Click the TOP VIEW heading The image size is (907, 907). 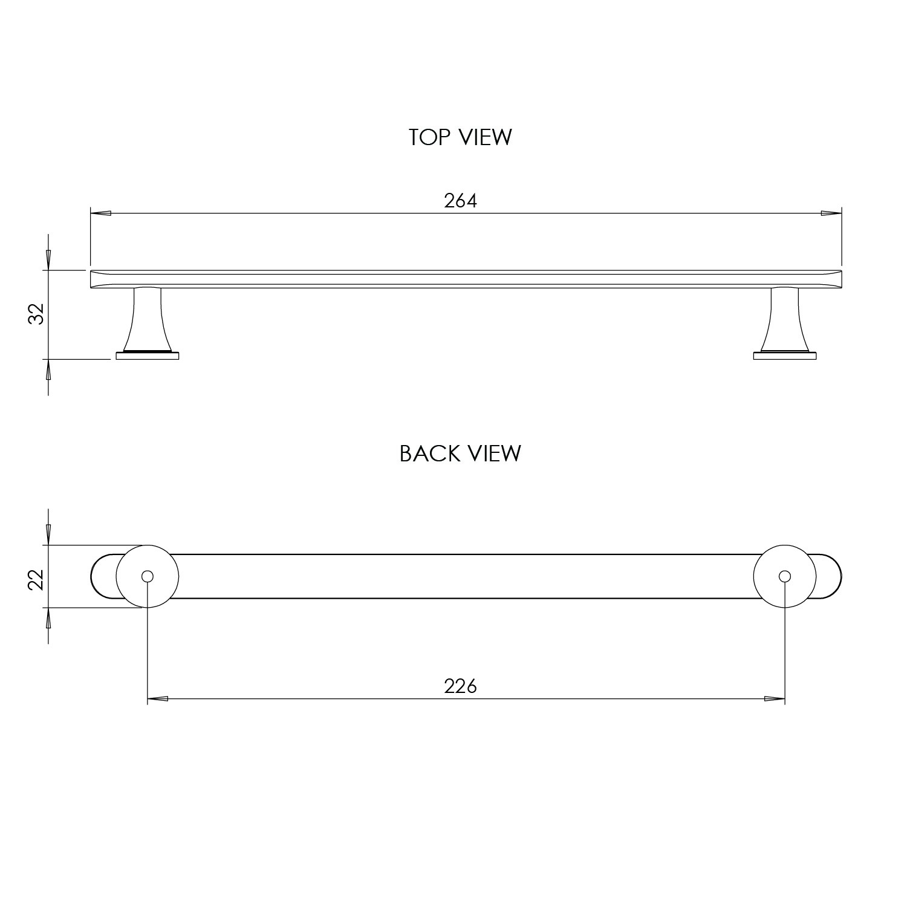point(460,137)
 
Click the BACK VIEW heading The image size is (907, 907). point(460,453)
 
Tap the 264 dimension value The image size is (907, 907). point(460,201)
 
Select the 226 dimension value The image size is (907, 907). point(460,686)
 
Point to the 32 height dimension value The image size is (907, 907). point(37,314)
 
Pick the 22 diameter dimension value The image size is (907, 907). point(37,579)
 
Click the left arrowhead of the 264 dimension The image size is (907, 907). point(100,213)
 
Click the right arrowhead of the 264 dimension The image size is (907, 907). point(831,213)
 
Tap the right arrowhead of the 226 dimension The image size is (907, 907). point(775,699)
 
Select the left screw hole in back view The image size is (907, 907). point(147,576)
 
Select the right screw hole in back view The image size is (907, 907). point(785,576)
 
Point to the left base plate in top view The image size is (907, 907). point(147,356)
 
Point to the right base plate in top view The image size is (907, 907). point(785,356)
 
